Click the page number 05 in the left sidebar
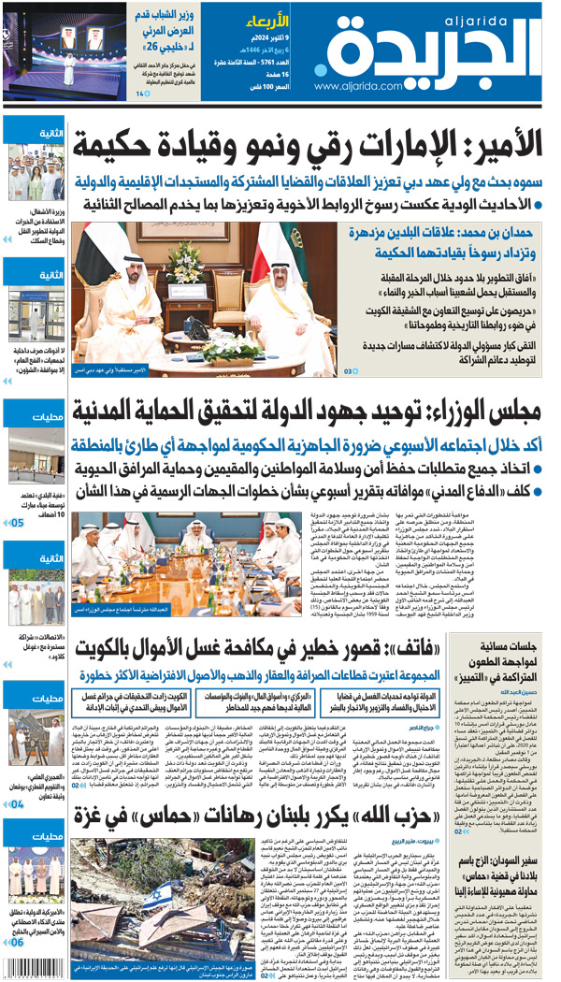(18, 523)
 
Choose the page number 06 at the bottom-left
(18, 969)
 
